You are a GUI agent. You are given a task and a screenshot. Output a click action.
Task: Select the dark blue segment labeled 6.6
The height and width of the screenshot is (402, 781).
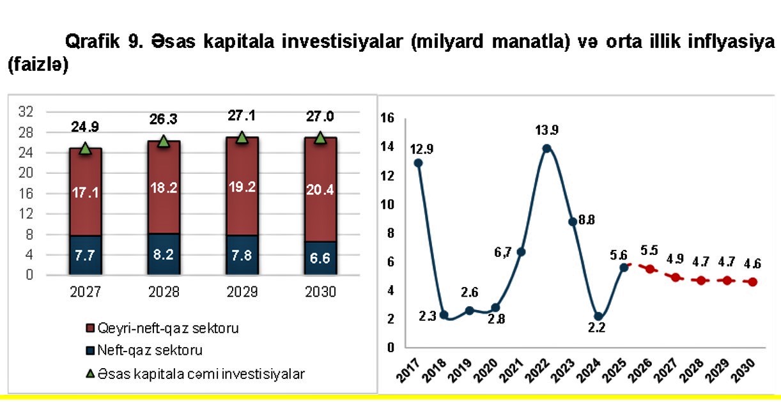320,258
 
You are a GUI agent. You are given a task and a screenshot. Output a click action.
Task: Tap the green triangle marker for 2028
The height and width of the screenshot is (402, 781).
164,141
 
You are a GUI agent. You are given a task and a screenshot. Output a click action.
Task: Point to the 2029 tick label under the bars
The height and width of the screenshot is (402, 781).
242,293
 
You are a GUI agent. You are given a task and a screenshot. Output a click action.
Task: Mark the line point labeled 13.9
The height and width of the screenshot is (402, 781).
546,148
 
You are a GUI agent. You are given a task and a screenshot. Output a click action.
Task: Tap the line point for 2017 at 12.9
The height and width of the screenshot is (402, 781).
418,162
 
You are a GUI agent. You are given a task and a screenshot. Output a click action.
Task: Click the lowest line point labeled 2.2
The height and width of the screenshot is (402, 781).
598,316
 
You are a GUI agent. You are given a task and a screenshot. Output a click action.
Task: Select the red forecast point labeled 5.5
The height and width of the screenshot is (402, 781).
650,269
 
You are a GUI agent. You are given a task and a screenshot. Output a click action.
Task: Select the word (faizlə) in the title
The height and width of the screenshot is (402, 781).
37,65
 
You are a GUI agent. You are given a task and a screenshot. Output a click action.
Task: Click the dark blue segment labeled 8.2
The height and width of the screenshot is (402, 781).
164,253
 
